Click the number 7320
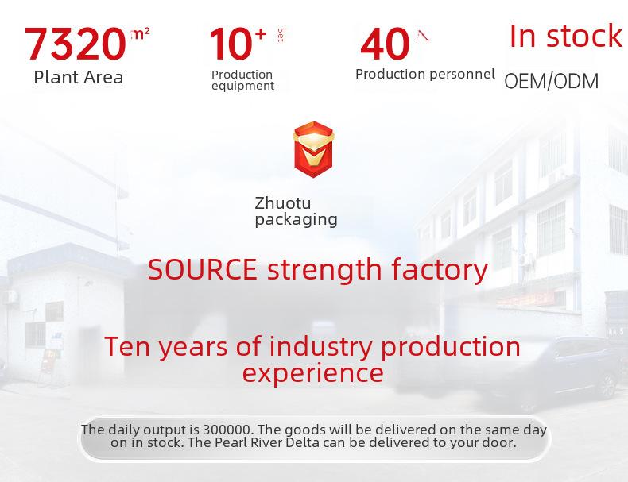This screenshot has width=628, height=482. click(76, 44)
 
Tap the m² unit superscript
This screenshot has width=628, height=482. click(140, 33)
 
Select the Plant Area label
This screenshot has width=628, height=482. click(79, 77)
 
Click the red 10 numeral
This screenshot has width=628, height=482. click(231, 44)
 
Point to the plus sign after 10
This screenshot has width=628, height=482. click(260, 34)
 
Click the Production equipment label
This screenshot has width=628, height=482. click(242, 80)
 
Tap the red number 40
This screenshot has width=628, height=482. click(385, 44)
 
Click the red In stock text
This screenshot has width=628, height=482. click(566, 36)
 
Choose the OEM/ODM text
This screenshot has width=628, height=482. click(552, 81)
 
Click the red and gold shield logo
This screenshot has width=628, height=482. click(313, 149)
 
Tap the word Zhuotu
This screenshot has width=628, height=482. click(283, 202)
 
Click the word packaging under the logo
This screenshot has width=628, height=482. click(296, 220)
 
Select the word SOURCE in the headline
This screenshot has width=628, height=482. click(202, 270)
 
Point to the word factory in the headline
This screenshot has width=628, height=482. click(440, 270)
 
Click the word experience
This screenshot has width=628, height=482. click(312, 373)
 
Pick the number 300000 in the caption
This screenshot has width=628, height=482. click(227, 430)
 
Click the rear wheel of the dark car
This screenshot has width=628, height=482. click(607, 387)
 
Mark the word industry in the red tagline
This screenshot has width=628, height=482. click(320, 346)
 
